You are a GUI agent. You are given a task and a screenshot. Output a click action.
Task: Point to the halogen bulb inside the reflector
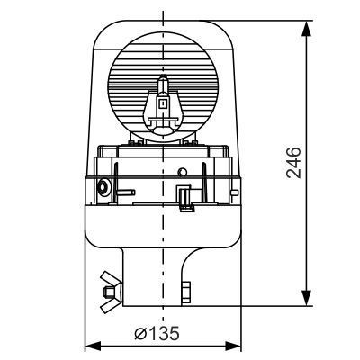(x=163, y=104)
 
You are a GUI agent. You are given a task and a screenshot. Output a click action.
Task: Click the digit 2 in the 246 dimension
(x=293, y=175)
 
